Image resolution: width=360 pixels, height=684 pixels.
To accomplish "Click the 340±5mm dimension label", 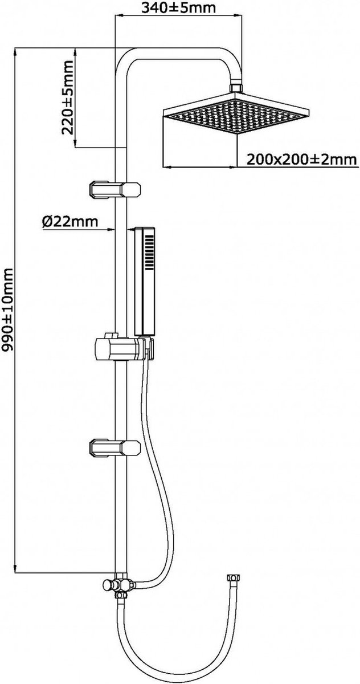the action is pyautogui.click(x=179, y=7).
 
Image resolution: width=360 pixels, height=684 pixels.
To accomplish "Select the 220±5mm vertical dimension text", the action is pyautogui.click(x=67, y=97).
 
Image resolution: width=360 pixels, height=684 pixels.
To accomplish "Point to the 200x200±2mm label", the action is pyautogui.click(x=301, y=160).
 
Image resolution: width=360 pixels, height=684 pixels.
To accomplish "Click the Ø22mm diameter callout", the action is pyautogui.click(x=70, y=221).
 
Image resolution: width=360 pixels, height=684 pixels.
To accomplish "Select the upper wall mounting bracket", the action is pyautogui.click(x=114, y=190).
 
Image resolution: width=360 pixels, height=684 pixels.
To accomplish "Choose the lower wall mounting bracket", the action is pyautogui.click(x=114, y=447).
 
